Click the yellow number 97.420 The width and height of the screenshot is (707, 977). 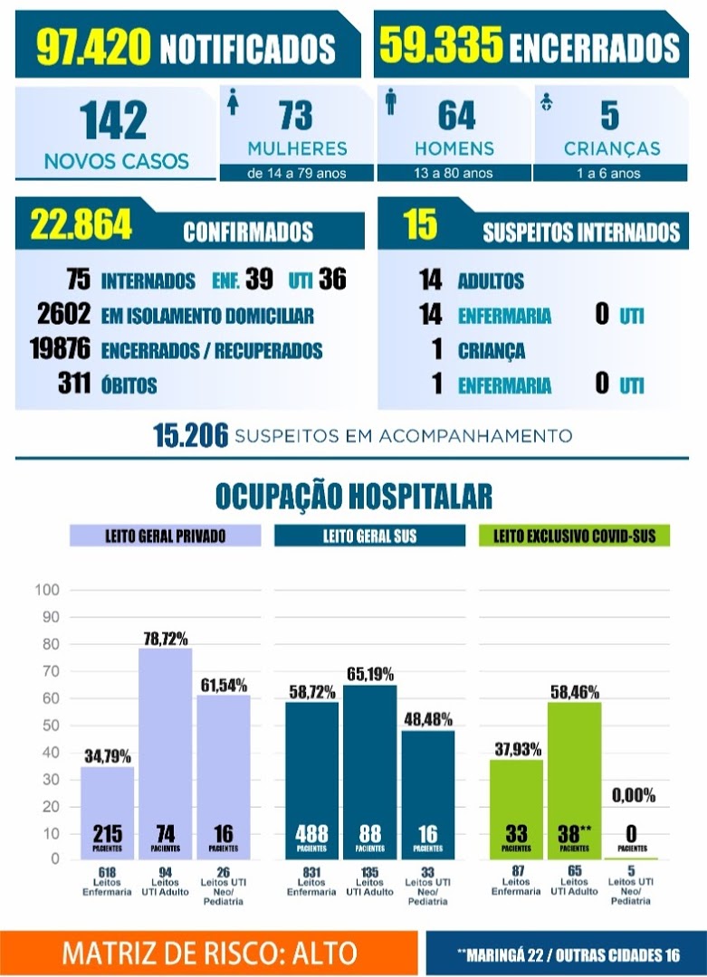click(x=93, y=47)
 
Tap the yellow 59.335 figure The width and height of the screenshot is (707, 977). click(x=442, y=44)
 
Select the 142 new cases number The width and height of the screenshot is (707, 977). click(x=113, y=119)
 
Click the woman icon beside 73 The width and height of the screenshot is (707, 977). click(x=234, y=101)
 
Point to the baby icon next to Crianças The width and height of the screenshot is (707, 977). click(x=547, y=101)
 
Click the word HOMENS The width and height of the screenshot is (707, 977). click(x=454, y=148)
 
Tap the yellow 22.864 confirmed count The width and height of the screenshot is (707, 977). click(x=81, y=224)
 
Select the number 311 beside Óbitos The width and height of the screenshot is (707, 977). click(x=74, y=383)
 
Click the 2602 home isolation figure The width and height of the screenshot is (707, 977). click(x=63, y=313)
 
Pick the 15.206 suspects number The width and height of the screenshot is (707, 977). click(x=191, y=435)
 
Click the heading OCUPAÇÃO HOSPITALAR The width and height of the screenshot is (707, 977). click(x=353, y=496)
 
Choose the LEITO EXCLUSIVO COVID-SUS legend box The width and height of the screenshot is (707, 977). click(x=574, y=536)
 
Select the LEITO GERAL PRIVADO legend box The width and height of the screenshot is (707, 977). click(x=166, y=536)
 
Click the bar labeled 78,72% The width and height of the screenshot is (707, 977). click(x=166, y=754)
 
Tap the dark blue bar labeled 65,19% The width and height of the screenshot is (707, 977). click(x=369, y=773)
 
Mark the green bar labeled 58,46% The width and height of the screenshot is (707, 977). click(x=574, y=781)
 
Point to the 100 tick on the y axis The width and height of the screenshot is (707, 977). click(x=47, y=590)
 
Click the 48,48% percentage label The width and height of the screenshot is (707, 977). click(x=428, y=720)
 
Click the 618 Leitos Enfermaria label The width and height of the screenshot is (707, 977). click(x=107, y=882)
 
